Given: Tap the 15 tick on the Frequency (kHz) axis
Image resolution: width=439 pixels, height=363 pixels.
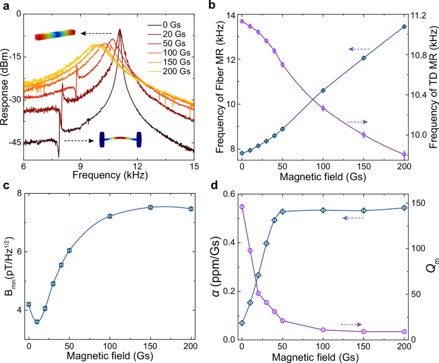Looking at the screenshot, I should (194, 164).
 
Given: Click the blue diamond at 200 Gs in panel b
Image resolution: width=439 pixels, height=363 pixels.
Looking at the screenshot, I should (404, 26).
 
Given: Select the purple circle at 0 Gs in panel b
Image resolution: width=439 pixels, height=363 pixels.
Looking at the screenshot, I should (242, 21).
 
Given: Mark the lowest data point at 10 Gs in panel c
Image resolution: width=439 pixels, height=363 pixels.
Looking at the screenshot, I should (37, 322).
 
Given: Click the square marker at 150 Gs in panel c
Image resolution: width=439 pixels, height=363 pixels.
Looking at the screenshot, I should (151, 207).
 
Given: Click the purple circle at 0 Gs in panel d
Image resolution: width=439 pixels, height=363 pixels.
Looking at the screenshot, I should (242, 207).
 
